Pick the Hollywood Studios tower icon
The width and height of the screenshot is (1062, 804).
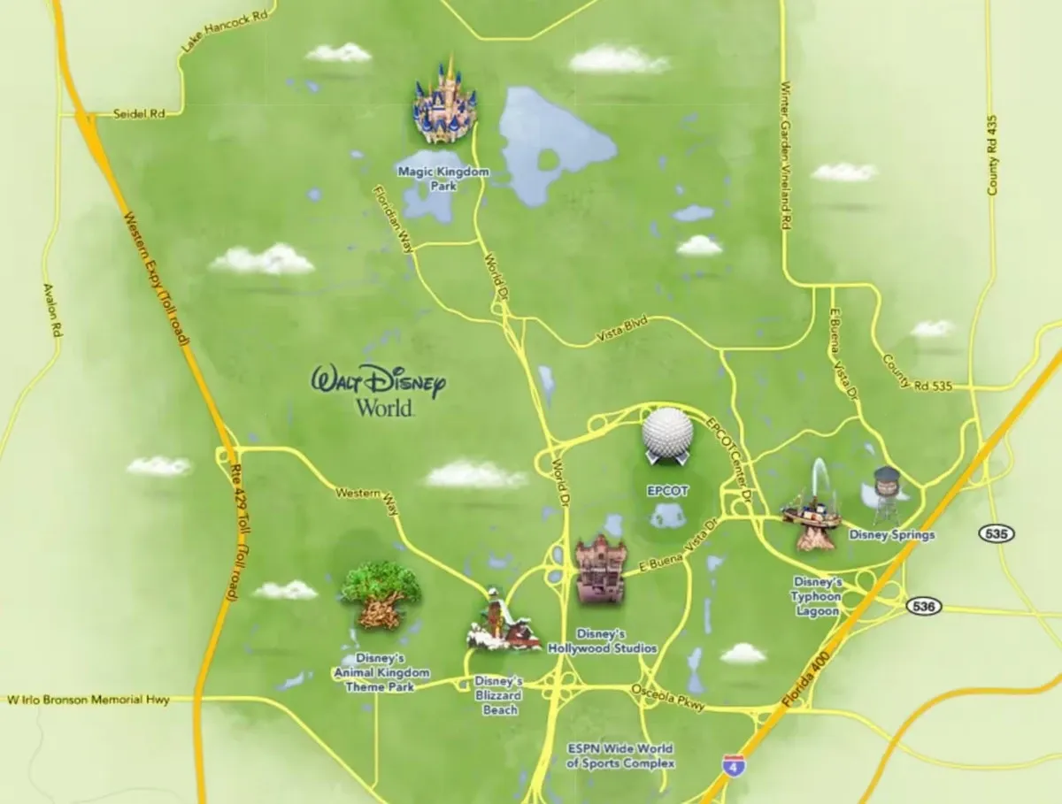[x=601, y=570]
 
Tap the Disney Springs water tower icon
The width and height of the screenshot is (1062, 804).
[x=886, y=495]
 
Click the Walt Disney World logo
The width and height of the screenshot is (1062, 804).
[x=378, y=390]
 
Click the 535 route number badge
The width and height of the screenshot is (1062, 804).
[x=996, y=533]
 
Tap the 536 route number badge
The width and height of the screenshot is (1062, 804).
[x=923, y=607]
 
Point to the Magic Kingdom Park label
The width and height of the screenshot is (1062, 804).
[x=442, y=177]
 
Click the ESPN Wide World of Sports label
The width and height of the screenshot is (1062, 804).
[x=620, y=756]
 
